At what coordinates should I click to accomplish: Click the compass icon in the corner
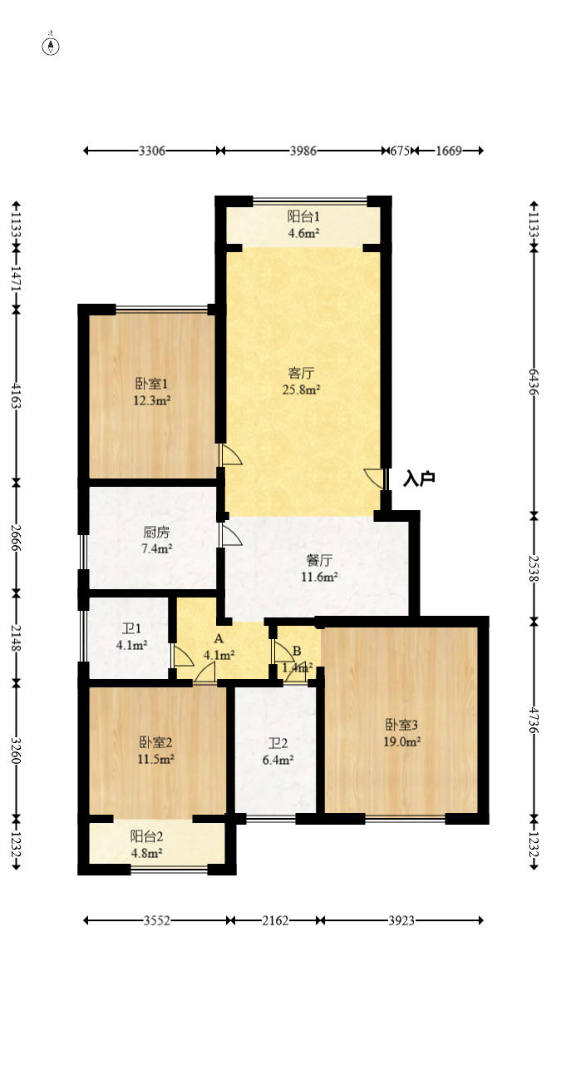(x=52, y=46)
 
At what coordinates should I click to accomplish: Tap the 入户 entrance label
(x=419, y=479)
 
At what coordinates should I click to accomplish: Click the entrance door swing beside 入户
(x=375, y=479)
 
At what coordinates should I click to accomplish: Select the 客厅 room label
(x=302, y=373)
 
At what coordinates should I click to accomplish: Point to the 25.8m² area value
(x=303, y=389)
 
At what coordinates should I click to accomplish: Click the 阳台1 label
(x=303, y=216)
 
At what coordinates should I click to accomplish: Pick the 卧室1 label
(x=152, y=384)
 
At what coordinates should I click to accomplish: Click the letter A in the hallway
(x=219, y=639)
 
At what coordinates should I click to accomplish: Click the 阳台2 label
(x=145, y=836)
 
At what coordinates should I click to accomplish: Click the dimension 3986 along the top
(x=303, y=151)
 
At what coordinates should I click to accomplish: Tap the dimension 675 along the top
(x=401, y=151)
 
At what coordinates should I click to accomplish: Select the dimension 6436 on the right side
(x=534, y=381)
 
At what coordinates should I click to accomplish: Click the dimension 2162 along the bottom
(x=275, y=920)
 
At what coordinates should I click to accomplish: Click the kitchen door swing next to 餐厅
(x=230, y=534)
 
